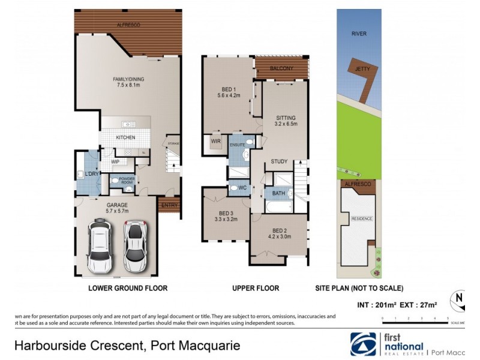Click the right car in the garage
[136, 245]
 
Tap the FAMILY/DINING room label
[129, 79]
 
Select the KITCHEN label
[125, 137]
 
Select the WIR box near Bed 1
[215, 142]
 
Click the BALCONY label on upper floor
[281, 68]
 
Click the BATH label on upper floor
[278, 193]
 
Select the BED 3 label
[226, 214]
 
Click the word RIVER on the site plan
[359, 34]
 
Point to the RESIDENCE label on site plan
[361, 219]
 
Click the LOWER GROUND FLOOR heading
[128, 288]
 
